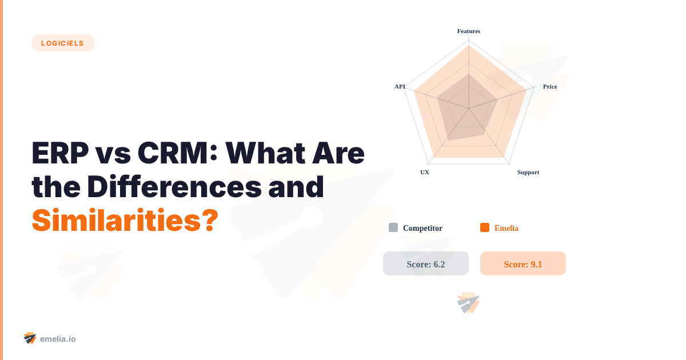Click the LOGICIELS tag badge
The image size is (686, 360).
[63, 43]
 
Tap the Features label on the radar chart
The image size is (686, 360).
[469, 31]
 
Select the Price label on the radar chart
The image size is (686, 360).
[549, 86]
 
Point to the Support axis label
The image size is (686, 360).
[528, 172]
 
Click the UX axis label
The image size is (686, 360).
[425, 172]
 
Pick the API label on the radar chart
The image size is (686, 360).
[400, 86]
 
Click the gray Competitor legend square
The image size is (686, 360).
[393, 227]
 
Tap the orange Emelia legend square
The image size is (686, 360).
[485, 227]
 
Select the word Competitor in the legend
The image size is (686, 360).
[422, 228]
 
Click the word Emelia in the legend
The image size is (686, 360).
[506, 228]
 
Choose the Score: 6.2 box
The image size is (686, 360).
[426, 263]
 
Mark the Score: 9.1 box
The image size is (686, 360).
[523, 263]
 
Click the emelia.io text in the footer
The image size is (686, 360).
[58, 339]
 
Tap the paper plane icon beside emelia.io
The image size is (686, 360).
[30, 338]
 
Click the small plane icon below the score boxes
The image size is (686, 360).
[468, 303]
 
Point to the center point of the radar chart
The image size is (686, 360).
[469, 109]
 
